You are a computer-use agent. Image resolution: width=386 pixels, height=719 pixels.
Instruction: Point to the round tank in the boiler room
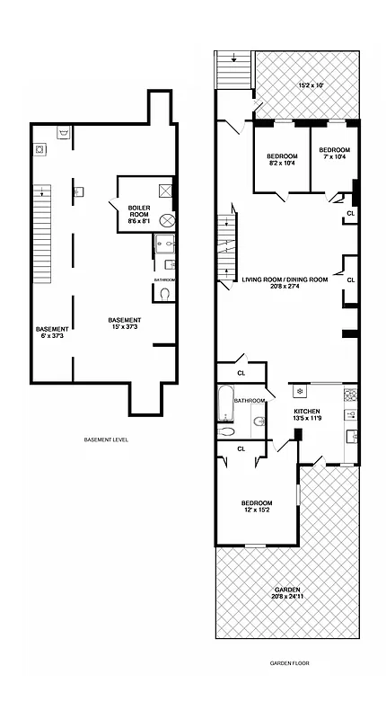tap(166, 221)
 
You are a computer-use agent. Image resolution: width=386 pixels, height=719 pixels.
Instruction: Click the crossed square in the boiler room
tap(165, 191)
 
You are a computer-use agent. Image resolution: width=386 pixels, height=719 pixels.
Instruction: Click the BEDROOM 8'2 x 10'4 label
tap(282, 159)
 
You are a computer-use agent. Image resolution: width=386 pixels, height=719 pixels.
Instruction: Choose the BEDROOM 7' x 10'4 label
tap(333, 154)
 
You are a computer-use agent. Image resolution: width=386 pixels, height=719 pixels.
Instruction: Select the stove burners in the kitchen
tap(351, 415)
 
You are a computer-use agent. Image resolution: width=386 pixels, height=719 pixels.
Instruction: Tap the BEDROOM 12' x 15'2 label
tap(257, 507)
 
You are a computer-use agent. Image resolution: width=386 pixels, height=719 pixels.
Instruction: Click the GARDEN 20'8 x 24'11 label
tap(287, 592)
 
